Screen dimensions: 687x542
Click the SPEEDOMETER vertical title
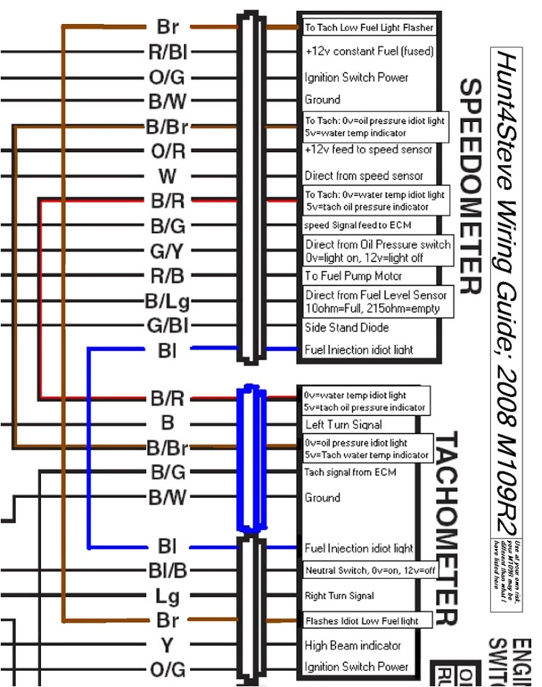[469, 186]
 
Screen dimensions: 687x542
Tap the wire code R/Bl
[167, 52]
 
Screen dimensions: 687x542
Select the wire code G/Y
[167, 251]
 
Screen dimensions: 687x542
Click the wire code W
[167, 176]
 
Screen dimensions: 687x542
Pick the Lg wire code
[167, 596]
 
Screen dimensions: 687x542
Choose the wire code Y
[167, 645]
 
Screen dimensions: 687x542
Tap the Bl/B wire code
[167, 570]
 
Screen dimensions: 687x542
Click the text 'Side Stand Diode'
[346, 327]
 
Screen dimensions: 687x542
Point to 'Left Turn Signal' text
[343, 424]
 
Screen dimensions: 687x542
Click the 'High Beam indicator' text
[352, 645]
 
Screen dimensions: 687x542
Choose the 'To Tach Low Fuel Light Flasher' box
[369, 28]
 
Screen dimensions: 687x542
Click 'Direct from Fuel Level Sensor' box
[376, 301]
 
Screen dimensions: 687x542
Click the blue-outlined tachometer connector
[251, 459]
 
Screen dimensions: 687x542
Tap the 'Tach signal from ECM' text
[350, 472]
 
